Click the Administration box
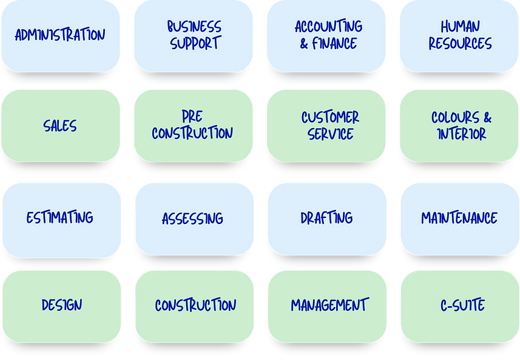tap(60, 35)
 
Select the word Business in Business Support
tap(194, 27)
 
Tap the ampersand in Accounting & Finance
tap(304, 44)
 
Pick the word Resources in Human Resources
tap(459, 44)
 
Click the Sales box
tap(60, 126)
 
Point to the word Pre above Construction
tap(192, 116)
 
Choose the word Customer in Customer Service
tap(330, 117)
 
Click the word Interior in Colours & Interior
tap(461, 134)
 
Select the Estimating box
tap(60, 217)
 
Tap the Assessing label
tap(192, 218)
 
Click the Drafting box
tap(326, 217)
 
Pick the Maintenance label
tap(459, 217)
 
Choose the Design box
tap(61, 305)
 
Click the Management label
tap(329, 305)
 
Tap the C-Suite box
tap(462, 305)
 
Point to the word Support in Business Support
tap(195, 44)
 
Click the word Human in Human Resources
tap(460, 27)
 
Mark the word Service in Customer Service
tap(330, 134)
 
